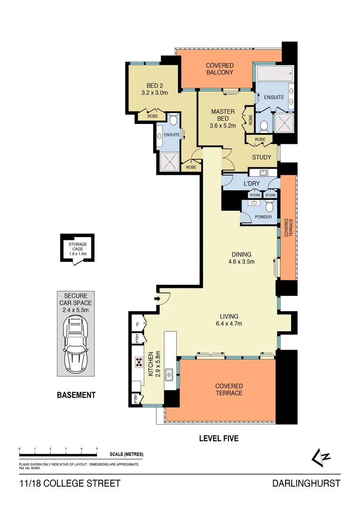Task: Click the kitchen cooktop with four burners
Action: tap(139, 362)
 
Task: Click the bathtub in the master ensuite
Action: tap(274, 74)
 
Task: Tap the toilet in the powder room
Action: tap(269, 206)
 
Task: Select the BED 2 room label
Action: tap(152, 85)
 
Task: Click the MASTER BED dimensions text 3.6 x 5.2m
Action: tap(223, 126)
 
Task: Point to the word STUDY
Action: tap(262, 157)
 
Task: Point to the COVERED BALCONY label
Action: tap(220, 69)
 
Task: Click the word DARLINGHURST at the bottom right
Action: tap(306, 484)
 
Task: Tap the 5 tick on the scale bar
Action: tap(97, 449)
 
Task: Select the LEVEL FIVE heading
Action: tap(219, 438)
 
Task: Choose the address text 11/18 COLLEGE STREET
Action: tap(70, 484)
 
